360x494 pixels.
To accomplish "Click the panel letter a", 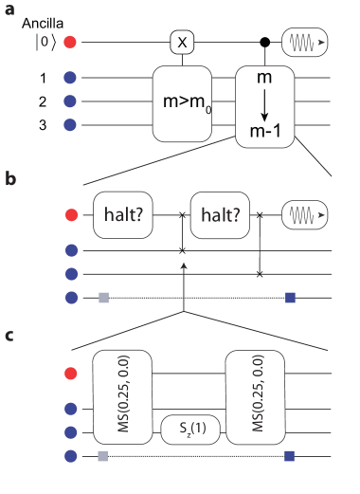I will click(9, 10).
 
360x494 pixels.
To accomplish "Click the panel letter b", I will click(9, 177).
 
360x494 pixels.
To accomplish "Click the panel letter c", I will click(9, 335).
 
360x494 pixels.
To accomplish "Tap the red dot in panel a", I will click(70, 43).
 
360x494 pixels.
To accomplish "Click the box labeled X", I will click(183, 43).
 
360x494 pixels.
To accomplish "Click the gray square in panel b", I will click(103, 299).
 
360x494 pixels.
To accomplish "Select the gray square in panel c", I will click(103, 457).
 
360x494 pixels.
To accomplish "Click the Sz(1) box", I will click(192, 430).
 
